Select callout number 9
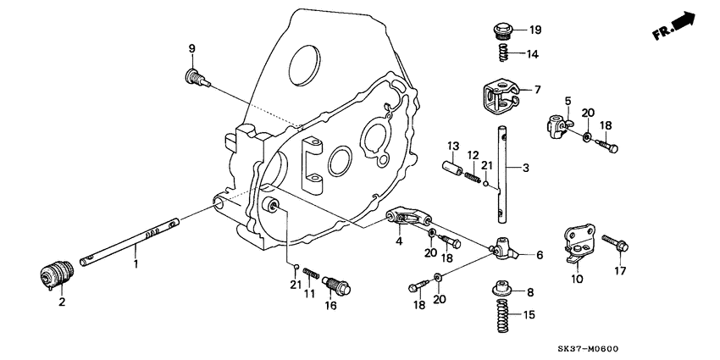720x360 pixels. [191, 47]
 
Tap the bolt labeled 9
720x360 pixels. [194, 78]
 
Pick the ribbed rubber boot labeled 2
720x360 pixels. [57, 274]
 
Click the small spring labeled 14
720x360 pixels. [502, 54]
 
